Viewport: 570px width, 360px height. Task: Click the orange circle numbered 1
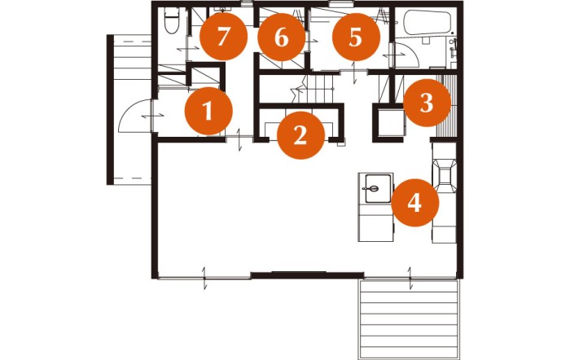208,111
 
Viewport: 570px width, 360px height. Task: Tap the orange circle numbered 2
300,135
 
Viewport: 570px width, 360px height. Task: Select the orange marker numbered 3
427,103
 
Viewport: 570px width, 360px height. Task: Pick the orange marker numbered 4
414,203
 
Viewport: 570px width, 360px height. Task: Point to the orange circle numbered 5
356,37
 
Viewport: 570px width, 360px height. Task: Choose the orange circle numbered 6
282,37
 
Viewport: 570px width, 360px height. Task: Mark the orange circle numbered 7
224,37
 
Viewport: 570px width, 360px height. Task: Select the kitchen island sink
378,188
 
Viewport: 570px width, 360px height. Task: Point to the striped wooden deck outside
410,319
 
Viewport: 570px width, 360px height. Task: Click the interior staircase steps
317,89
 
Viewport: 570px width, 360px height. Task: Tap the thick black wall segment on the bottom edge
307,275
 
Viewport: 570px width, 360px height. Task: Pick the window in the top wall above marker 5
340,4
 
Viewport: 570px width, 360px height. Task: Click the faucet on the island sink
370,188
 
